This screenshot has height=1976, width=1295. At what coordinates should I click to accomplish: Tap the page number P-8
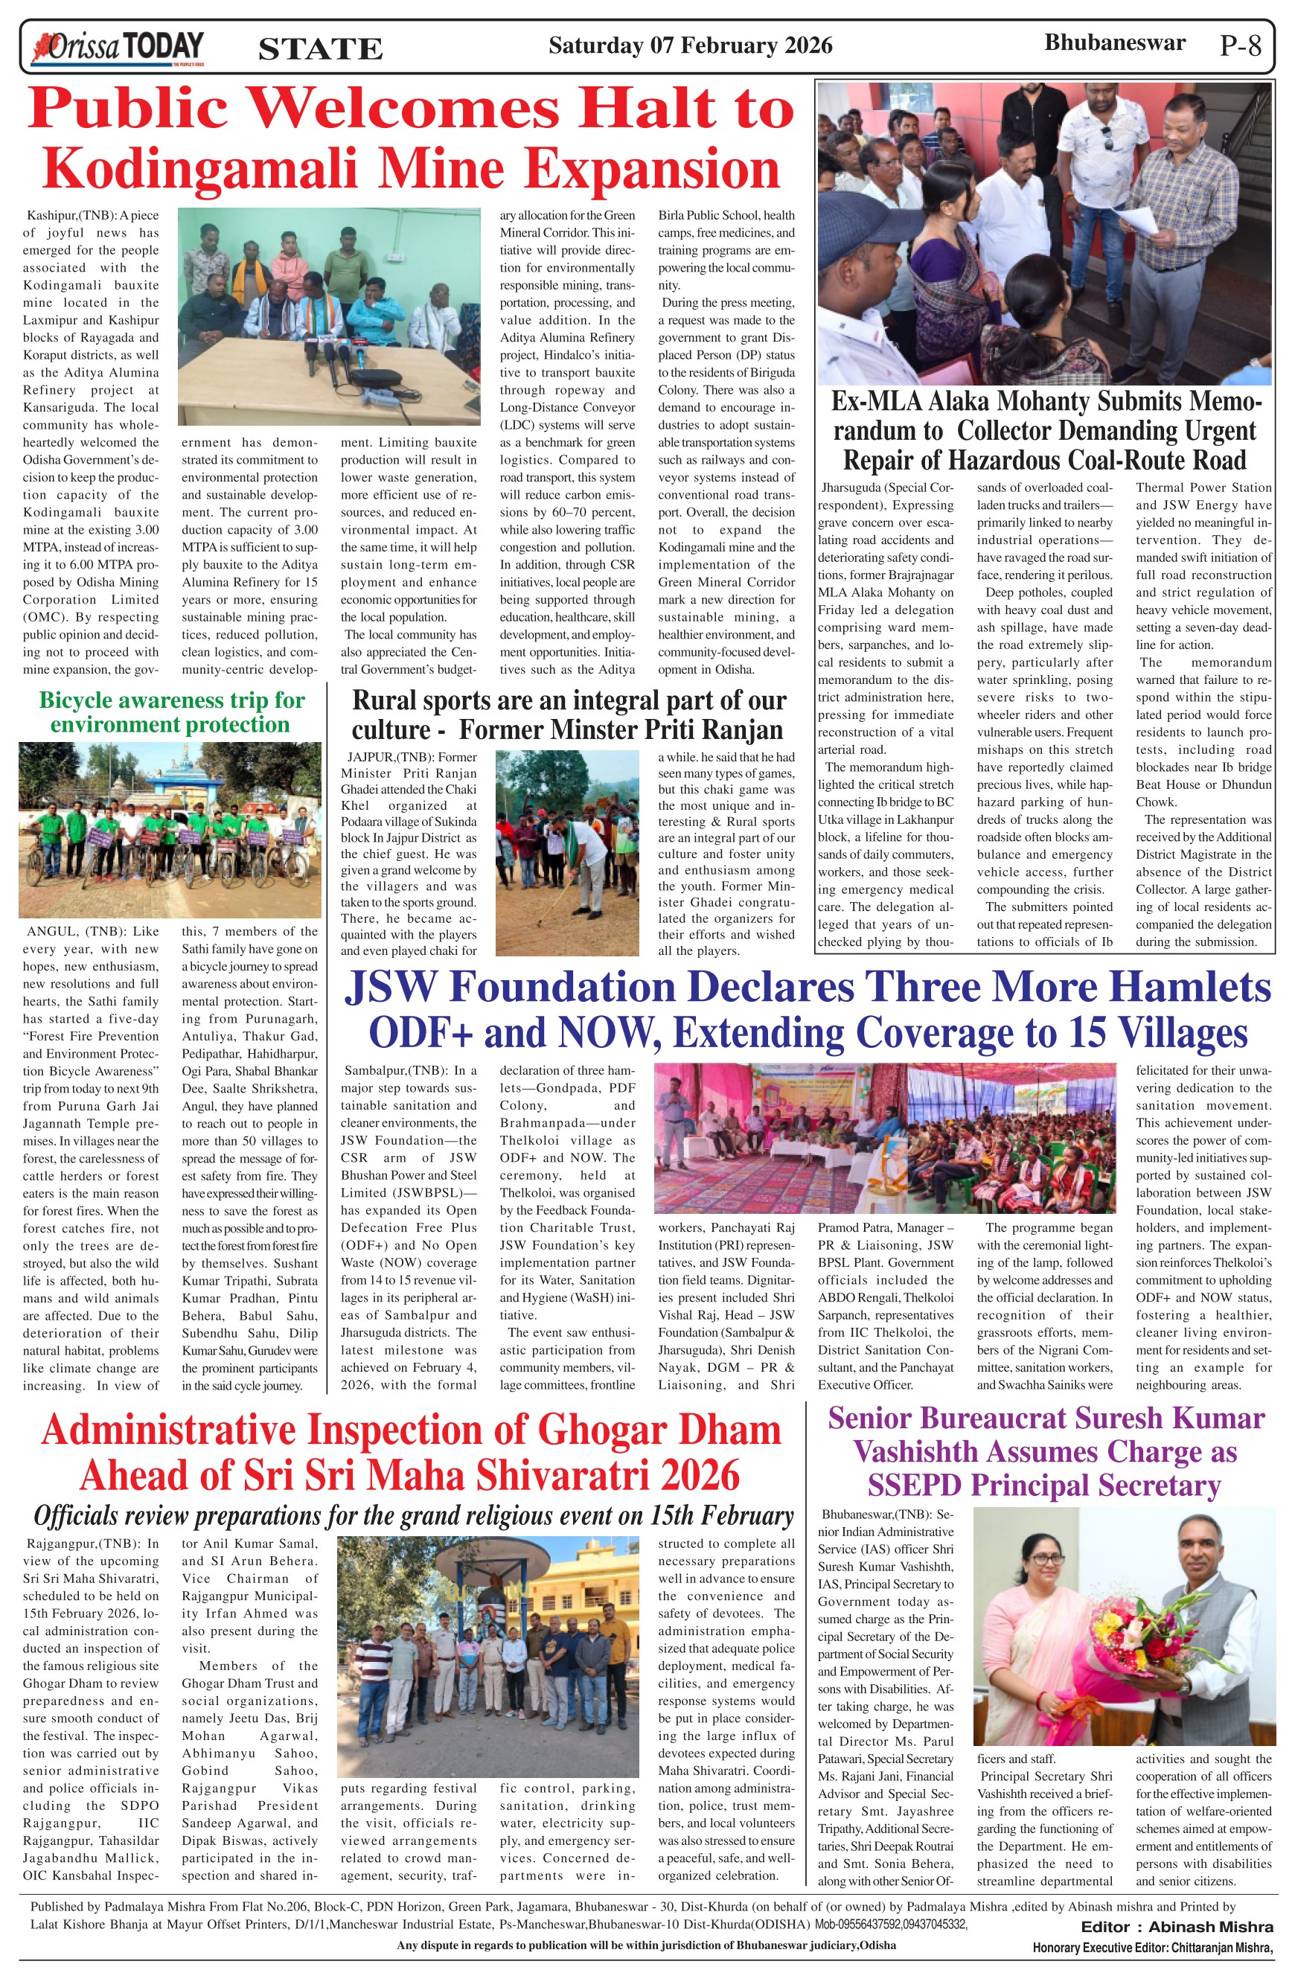pos(1240,45)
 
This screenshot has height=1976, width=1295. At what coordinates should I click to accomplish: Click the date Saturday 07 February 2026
pos(690,45)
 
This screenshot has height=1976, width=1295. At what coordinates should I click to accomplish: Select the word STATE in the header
pos(321,49)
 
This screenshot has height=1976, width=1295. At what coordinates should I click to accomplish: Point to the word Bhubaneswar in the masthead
pos(1114,43)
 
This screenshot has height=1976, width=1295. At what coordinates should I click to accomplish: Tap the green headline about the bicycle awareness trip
pos(171,712)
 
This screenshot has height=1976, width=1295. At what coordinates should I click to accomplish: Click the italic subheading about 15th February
pos(413,1515)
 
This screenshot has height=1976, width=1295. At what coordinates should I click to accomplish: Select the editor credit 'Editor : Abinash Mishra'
pos(1176,1926)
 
